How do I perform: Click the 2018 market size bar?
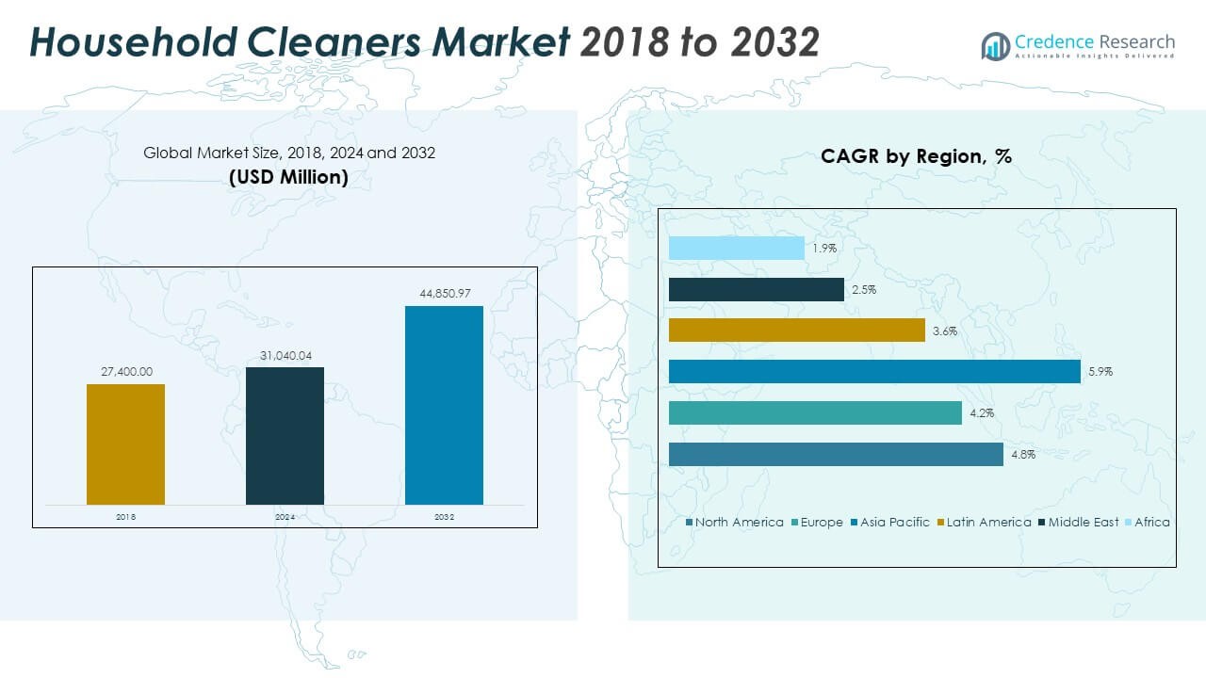coord(125,444)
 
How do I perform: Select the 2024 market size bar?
coord(285,435)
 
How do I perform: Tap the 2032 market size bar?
coord(444,405)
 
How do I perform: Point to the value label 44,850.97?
coord(444,294)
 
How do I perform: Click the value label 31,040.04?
coord(285,355)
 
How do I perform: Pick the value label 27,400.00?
coord(126,372)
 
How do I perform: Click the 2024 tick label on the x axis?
coord(285,517)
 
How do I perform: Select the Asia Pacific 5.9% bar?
coord(874,372)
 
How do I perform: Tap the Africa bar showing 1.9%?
coord(736,249)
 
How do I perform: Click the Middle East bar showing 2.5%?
coord(756,290)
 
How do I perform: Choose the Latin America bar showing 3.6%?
coord(796,331)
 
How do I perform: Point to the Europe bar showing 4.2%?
coord(815,412)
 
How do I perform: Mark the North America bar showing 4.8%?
coord(836,454)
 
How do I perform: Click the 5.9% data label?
coord(1100,372)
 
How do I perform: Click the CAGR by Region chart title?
coord(916,156)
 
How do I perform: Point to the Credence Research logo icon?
coord(995,45)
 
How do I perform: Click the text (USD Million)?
coord(288,176)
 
